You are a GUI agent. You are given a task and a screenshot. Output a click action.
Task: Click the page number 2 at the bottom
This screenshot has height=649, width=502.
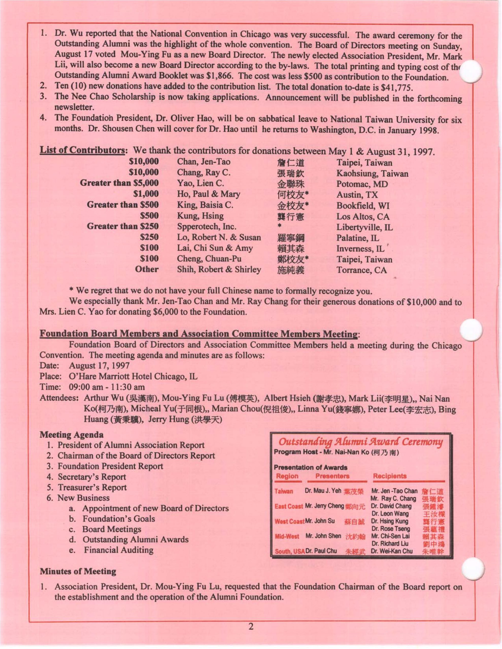click(251, 627)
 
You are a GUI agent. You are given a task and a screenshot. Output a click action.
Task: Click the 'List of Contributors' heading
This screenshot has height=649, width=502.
click(82, 150)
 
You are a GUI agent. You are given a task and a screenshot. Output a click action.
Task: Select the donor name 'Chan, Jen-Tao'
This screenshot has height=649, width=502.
click(204, 162)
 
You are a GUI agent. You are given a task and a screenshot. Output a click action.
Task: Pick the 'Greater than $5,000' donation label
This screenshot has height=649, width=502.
click(119, 183)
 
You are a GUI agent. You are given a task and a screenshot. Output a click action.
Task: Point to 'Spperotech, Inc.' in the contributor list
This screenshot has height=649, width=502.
click(207, 226)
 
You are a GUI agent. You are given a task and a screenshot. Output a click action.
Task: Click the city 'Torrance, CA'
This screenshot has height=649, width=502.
click(362, 270)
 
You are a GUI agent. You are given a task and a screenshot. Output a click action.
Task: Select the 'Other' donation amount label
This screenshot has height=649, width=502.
click(147, 269)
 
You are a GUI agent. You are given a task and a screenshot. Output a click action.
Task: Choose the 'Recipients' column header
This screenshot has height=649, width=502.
click(390, 476)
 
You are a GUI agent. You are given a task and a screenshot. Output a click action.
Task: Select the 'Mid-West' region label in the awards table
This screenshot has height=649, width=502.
click(287, 536)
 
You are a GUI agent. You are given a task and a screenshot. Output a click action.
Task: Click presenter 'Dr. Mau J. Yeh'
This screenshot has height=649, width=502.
click(323, 491)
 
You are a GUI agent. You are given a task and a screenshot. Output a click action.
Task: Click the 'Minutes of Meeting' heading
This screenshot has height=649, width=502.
click(78, 571)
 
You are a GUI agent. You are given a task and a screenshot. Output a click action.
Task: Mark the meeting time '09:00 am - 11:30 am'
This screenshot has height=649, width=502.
click(107, 387)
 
